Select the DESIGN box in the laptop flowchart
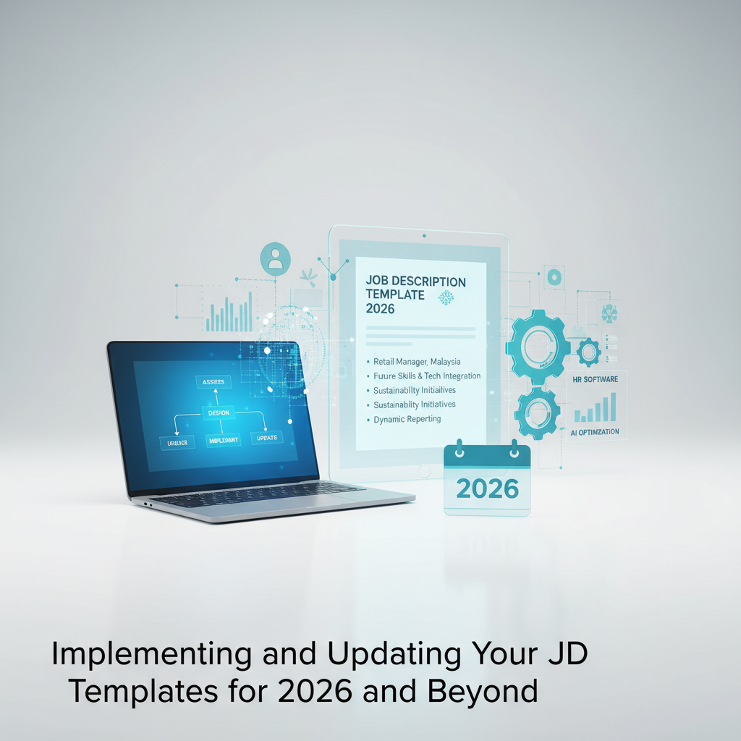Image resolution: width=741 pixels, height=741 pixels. point(218,412)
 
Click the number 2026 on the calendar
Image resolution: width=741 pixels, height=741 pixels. point(488,488)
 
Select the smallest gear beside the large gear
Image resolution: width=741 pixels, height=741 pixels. point(588,352)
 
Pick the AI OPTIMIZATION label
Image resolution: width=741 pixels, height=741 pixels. point(595,432)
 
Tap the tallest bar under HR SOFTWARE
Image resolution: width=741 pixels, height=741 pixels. point(613,407)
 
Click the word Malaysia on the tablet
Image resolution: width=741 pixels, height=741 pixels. point(441,361)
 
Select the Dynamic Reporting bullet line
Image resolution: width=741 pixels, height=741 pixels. point(407,419)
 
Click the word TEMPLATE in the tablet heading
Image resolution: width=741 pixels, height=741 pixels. point(397,295)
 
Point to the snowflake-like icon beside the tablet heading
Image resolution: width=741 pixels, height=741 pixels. point(446,297)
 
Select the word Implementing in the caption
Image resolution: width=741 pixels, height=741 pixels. point(152,655)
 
